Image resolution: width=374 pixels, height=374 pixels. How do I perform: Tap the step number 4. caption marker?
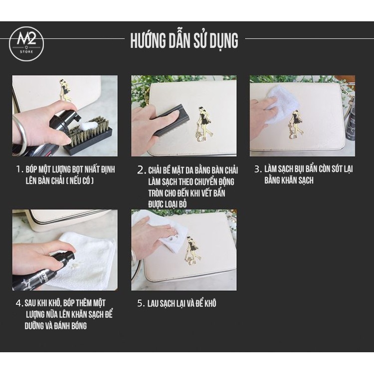(19, 303)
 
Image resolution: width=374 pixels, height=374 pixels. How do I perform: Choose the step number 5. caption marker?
(141, 303)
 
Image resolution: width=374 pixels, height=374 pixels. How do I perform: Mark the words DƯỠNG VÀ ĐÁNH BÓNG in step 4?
(55, 326)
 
